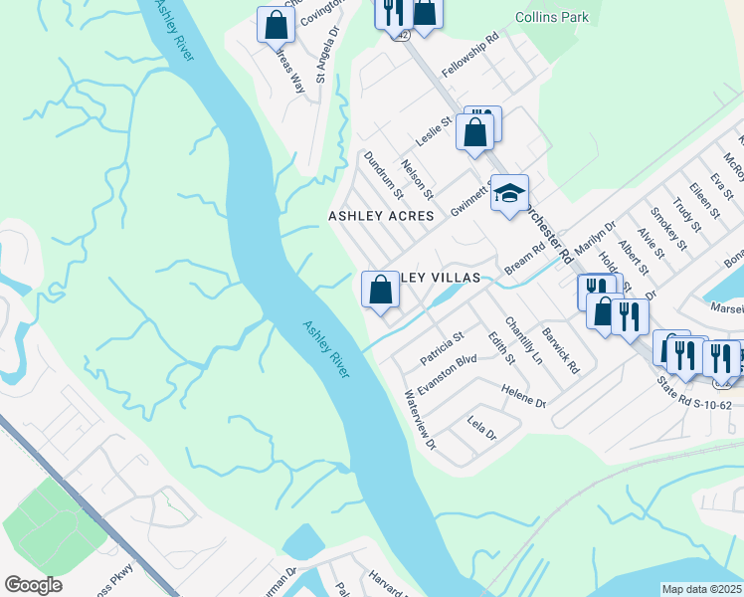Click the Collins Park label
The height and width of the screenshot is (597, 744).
[552, 17]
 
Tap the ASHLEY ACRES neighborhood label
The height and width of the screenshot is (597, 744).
[382, 215]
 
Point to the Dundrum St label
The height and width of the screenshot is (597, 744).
[383, 174]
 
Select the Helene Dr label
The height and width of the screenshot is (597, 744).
[524, 397]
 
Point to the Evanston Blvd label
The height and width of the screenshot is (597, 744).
[448, 375]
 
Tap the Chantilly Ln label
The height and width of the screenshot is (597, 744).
[523, 339]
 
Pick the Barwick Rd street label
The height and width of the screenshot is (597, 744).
[560, 352]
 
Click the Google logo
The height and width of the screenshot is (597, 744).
[33, 585]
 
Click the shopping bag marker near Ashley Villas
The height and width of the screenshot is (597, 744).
[380, 291]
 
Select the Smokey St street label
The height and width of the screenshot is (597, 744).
[668, 228]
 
